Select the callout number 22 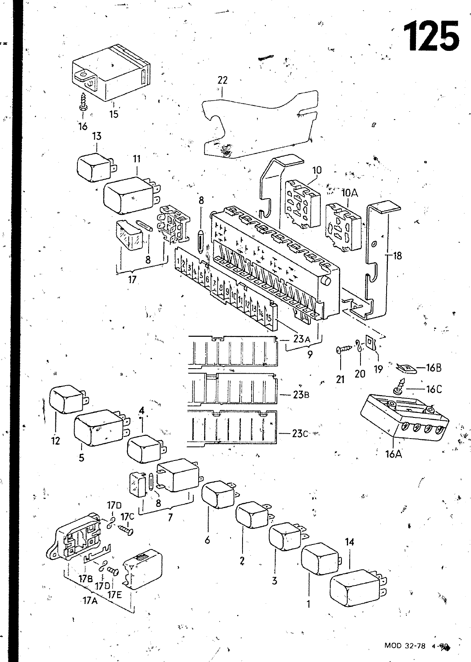tap(222, 80)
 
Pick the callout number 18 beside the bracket tap(397, 256)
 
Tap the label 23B tap(301, 394)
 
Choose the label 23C tap(300, 434)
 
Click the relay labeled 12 tap(66, 399)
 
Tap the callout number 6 tap(207, 540)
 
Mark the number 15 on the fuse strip tap(269, 319)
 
